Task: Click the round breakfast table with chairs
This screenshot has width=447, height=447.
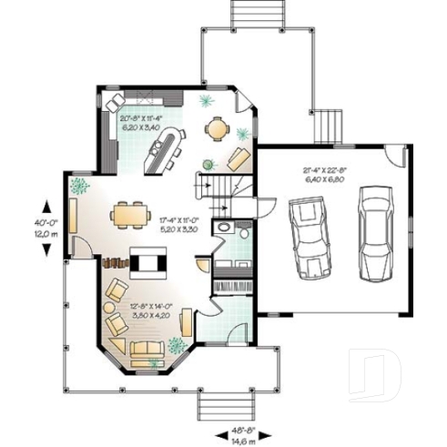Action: (x=217, y=129)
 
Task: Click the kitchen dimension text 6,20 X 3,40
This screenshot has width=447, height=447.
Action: (x=140, y=127)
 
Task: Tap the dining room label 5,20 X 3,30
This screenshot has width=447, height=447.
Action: (x=178, y=229)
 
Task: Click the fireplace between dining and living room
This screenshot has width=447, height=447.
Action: (x=148, y=262)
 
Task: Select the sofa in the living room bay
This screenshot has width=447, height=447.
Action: (x=146, y=349)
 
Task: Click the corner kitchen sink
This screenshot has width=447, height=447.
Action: (x=115, y=101)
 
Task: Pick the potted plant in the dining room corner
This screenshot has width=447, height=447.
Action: (x=79, y=186)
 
